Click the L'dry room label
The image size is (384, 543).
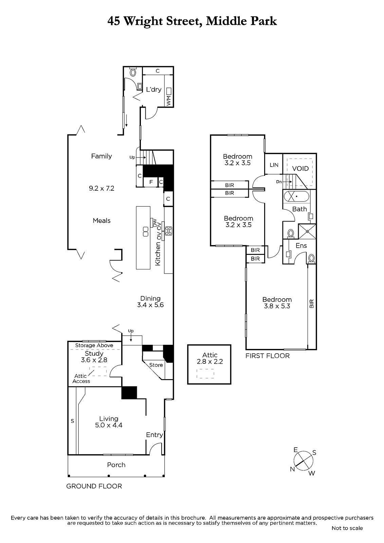pos(154,90)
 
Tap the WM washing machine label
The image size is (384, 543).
pos(169,100)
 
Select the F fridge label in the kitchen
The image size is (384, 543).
pos(151,182)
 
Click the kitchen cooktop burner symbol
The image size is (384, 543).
pos(168,231)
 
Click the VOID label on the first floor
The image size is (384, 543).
pos(300,168)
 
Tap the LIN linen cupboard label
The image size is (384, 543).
pos(274,165)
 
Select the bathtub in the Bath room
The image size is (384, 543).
pos(296,196)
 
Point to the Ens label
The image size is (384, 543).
pos(301,246)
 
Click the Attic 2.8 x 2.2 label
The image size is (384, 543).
pos(210,358)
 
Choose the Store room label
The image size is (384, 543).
pos(156,365)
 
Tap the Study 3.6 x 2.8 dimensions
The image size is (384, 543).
pos(94,360)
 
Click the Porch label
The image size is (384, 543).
pos(116,465)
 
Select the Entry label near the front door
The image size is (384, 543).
pos(154,435)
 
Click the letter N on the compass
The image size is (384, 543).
pos(292,469)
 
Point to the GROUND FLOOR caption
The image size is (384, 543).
pos(94,486)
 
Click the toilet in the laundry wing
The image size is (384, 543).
pos(133,72)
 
